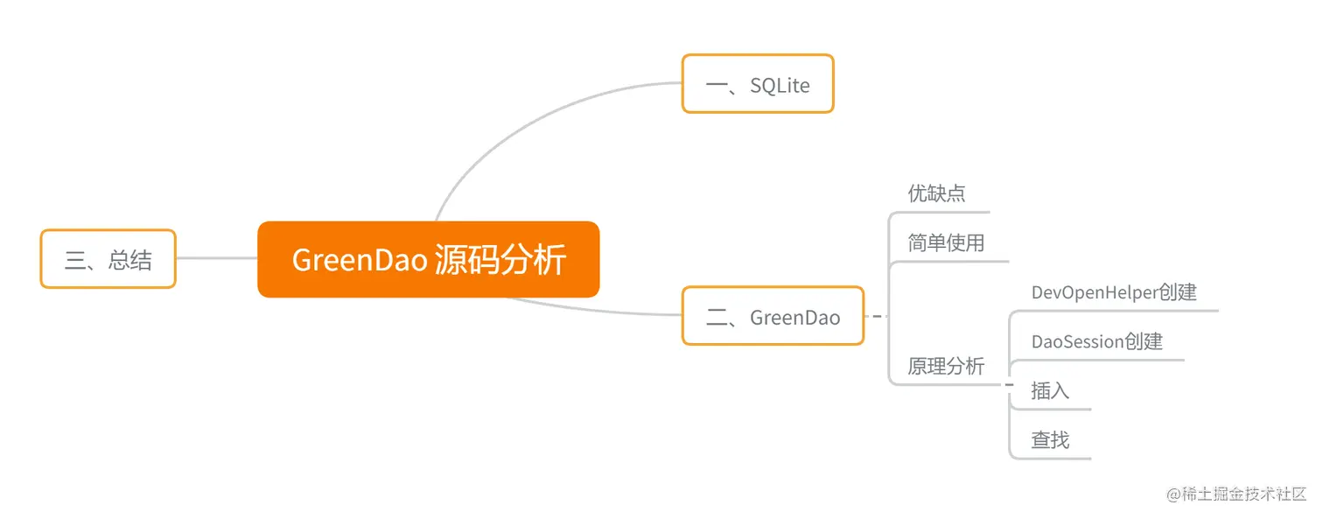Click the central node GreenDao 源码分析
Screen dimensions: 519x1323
[x=428, y=259]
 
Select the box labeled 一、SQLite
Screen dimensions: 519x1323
[x=757, y=84]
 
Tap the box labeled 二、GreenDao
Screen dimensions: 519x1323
[x=773, y=316]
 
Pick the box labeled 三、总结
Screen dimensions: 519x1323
[x=108, y=259]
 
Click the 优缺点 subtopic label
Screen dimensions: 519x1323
[x=936, y=193]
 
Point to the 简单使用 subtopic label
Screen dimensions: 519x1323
[x=946, y=242]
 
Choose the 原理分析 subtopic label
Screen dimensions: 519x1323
[x=946, y=366]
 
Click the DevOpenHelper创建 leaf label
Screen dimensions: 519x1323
[x=1113, y=292]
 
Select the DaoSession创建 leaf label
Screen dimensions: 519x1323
[x=1096, y=341]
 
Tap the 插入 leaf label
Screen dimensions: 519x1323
[x=1050, y=390]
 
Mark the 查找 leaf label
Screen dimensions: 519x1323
[x=1050, y=439]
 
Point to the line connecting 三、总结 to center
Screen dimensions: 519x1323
[x=216, y=258]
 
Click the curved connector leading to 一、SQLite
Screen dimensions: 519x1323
[x=525, y=114]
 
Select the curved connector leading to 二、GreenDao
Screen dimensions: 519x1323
[x=595, y=310]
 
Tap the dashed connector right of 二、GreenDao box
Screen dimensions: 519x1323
[x=876, y=316]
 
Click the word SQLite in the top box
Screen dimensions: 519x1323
[x=780, y=85]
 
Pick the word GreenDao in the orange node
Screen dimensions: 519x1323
[x=359, y=260]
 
